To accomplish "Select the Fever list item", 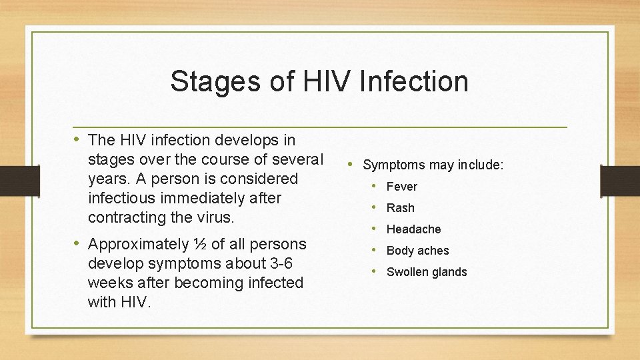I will tap(401, 187).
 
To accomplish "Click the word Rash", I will tap(400, 208).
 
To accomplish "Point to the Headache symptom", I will tap(413, 229).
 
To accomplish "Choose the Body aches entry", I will tap(417, 251).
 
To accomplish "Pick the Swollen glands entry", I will tap(427, 272).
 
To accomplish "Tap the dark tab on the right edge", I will tap(620, 180).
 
